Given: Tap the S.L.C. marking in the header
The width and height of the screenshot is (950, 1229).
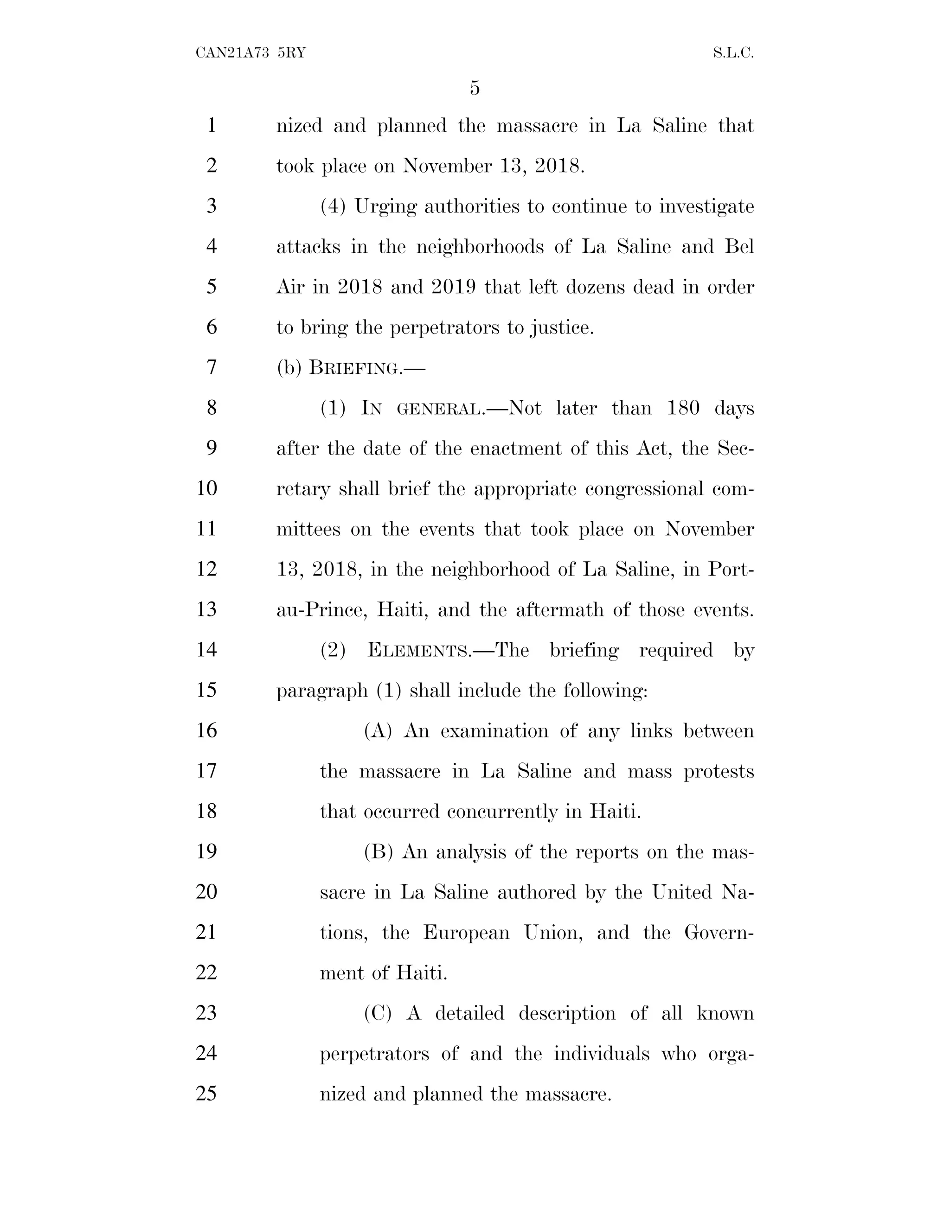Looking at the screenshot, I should pyautogui.click(x=733, y=53).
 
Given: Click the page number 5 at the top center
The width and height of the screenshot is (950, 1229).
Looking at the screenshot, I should pyautogui.click(x=475, y=88).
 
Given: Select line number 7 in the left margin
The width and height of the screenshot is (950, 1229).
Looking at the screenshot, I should pyautogui.click(x=212, y=367).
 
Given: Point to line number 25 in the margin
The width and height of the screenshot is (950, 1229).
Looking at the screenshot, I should pyautogui.click(x=206, y=1094).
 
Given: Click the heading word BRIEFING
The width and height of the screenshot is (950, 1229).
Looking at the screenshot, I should pyautogui.click(x=356, y=368).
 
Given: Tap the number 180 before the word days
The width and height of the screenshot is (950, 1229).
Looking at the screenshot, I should pyautogui.click(x=682, y=408).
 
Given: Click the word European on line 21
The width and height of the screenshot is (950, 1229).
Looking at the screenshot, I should pyautogui.click(x=466, y=933).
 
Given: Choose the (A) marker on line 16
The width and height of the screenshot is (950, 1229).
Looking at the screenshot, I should pyautogui.click(x=378, y=731).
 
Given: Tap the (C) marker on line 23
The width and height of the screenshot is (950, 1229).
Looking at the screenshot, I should pyautogui.click(x=378, y=1013).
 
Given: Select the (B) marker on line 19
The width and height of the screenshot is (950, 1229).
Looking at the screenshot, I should pyautogui.click(x=378, y=852).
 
